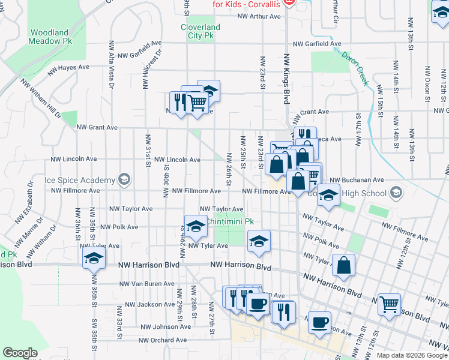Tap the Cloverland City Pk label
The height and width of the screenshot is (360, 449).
click(x=200, y=31)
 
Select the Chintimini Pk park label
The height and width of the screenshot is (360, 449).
click(x=230, y=221)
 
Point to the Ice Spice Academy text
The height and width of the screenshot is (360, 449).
click(x=79, y=180)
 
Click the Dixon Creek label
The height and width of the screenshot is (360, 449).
click(x=354, y=68)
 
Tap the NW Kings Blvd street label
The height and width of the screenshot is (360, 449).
click(x=287, y=81)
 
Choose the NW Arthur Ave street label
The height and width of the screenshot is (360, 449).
click(x=258, y=16)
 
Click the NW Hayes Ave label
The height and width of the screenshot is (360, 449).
click(x=70, y=68)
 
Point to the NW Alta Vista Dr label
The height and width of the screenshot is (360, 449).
click(x=112, y=64)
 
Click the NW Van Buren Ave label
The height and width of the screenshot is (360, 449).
click(x=146, y=284)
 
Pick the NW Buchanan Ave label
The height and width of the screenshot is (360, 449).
click(x=357, y=179)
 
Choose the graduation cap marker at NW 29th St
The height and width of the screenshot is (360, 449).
click(x=195, y=226)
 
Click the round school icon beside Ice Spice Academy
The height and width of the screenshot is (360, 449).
click(x=124, y=179)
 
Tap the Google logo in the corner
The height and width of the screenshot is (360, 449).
click(x=20, y=353)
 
